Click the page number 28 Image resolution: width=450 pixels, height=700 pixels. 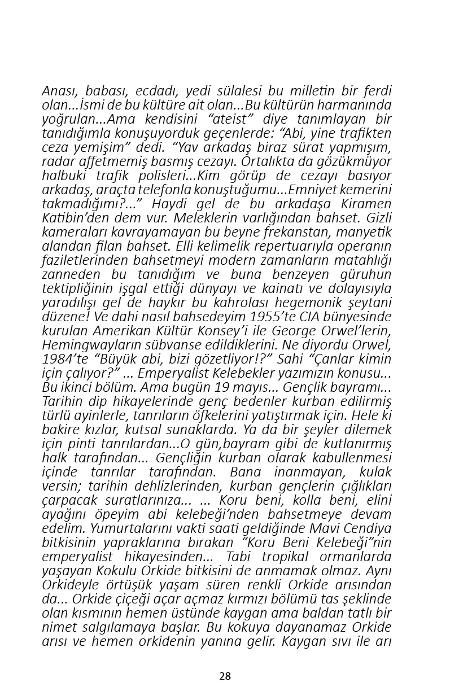pyautogui.click(x=225, y=676)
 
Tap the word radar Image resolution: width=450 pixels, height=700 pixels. pyautogui.click(x=56, y=161)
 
